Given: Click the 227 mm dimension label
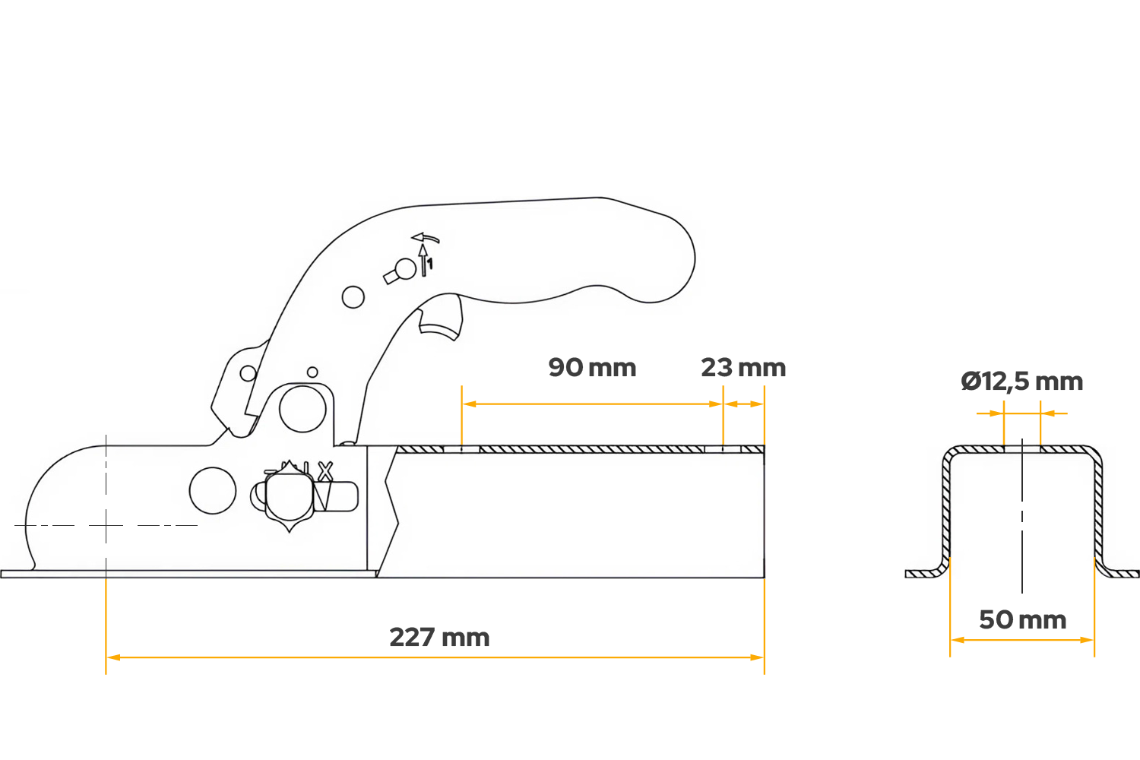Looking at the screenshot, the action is pyautogui.click(x=439, y=638).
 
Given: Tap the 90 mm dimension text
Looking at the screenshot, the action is pyautogui.click(x=592, y=368).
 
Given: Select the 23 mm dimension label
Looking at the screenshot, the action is pyautogui.click(x=743, y=368).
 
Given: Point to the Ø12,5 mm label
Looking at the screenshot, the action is pyautogui.click(x=1022, y=382).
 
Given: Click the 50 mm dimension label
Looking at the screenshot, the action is pyautogui.click(x=1022, y=620).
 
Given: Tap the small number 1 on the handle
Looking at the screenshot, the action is pyautogui.click(x=430, y=264).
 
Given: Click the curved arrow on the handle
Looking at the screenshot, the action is pyautogui.click(x=426, y=238).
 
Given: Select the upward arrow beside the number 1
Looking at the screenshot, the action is pyautogui.click(x=423, y=260).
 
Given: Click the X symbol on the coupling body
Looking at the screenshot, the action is pyautogui.click(x=325, y=471).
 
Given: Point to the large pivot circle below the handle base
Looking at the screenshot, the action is pyautogui.click(x=302, y=409).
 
